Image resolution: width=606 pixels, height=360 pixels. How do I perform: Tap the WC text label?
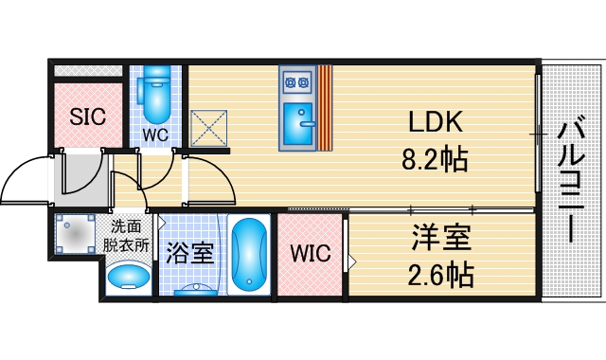pos(155,135)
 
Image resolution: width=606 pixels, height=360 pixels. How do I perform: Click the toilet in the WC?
pos(154,92)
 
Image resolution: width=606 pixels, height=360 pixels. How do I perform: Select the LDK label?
pos(435,122)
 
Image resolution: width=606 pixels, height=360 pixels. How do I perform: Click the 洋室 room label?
pos(441,236)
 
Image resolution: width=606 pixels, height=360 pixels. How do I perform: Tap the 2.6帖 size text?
pos(441,276)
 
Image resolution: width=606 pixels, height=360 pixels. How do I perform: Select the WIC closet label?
pos(311,254)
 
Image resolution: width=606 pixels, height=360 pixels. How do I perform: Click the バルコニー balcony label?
pos(570,180)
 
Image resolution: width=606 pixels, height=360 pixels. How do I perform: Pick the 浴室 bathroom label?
pos(189,254)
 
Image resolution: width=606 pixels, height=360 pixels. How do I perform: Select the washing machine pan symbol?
pos(75,235)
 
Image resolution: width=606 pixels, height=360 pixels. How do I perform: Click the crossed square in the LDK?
pos(209,129)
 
